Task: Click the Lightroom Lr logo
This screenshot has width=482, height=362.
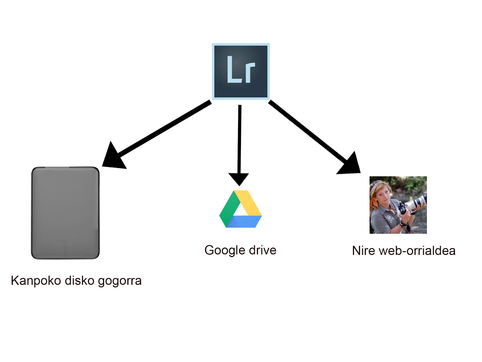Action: click(241, 71)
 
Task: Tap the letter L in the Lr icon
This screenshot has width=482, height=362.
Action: click(232, 70)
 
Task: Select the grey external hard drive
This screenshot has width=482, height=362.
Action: click(65, 213)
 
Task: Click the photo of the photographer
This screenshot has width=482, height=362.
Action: click(398, 205)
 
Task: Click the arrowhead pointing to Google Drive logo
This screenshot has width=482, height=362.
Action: click(239, 179)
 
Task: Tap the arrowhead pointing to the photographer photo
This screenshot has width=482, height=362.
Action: click(350, 165)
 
